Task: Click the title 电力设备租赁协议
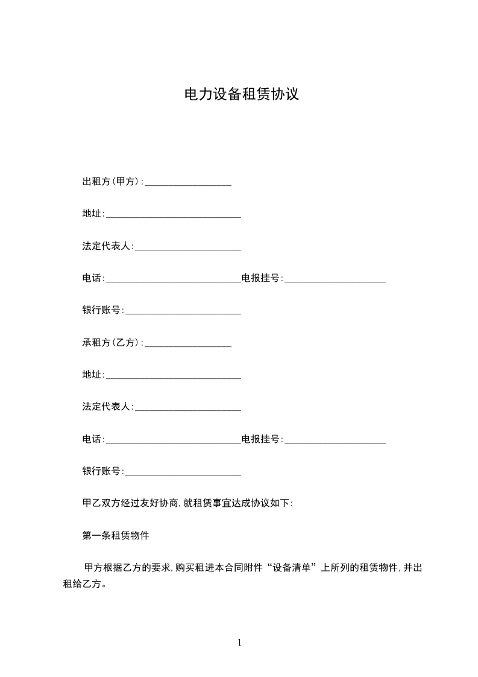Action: (241, 95)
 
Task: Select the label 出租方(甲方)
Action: (112, 182)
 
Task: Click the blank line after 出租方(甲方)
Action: (188, 183)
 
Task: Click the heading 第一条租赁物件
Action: (115, 535)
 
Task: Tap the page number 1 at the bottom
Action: (239, 643)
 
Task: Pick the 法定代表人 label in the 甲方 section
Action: (107, 246)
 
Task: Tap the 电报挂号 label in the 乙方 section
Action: (261, 439)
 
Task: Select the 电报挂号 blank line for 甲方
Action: (335, 280)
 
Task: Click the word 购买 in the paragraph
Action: (183, 568)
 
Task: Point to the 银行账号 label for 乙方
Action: (102, 471)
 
